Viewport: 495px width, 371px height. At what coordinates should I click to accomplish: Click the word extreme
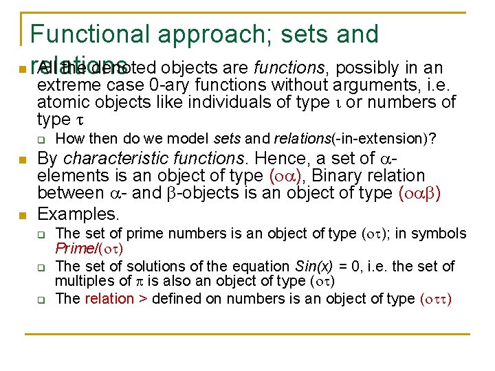(67, 85)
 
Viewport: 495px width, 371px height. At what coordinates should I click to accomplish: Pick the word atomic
(64, 102)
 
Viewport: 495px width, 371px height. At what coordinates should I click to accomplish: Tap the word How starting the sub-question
(67, 139)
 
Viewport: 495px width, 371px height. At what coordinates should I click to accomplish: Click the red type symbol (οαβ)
(419, 193)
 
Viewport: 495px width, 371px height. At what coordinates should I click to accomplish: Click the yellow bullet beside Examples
(23, 216)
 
